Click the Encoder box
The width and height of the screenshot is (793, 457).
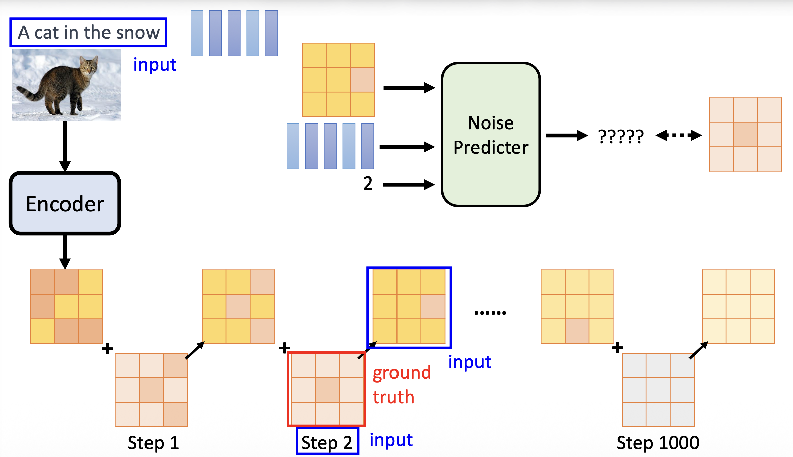point(65,203)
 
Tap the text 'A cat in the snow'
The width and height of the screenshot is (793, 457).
point(88,32)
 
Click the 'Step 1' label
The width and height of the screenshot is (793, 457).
point(153,443)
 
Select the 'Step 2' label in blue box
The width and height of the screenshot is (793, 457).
point(327,443)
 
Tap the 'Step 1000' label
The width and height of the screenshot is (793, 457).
point(658,443)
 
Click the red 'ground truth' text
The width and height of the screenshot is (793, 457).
point(402,385)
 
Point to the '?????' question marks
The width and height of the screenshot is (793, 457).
point(621,136)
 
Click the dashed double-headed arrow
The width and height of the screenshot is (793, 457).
point(678,136)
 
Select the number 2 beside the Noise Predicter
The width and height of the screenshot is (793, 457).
point(368,184)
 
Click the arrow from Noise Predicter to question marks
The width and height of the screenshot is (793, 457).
point(567,136)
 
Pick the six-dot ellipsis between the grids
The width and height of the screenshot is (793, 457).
point(490,313)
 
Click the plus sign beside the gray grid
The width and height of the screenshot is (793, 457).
point(617,348)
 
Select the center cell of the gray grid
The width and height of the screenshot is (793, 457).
point(658,390)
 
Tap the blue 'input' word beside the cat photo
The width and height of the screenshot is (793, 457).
point(155,64)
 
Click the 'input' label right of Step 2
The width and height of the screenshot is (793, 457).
point(391,440)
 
